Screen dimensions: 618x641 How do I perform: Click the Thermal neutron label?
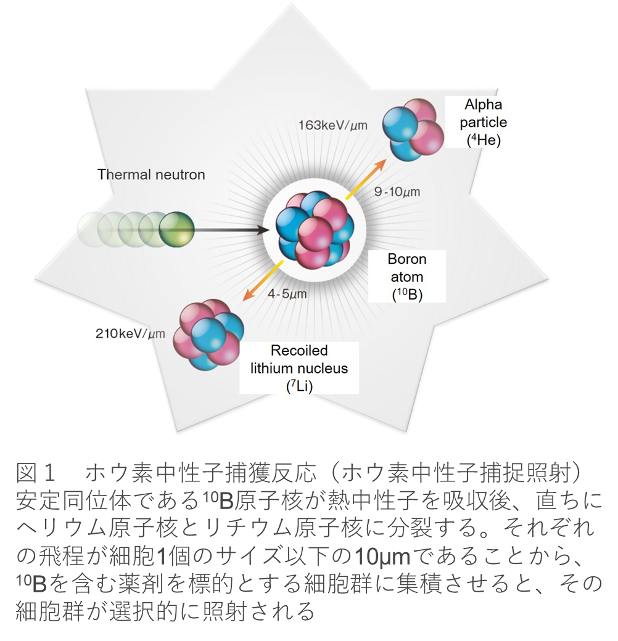tap(151, 174)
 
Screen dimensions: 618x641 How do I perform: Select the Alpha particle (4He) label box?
tap(483, 122)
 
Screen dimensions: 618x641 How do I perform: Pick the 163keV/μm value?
tap(333, 125)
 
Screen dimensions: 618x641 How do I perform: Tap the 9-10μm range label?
tap(397, 192)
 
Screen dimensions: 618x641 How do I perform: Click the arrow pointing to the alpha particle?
tap(366, 179)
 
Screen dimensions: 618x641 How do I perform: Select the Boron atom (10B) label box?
tap(407, 277)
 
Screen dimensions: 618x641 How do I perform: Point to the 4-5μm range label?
tap(287, 293)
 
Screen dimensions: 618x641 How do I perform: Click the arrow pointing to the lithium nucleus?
tap(263, 280)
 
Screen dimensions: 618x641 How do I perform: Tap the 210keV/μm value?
tap(131, 333)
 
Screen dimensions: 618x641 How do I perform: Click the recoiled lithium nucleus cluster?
tap(208, 335)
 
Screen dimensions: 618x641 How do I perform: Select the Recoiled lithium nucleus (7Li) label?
tap(299, 368)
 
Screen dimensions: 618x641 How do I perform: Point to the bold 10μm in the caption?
tap(382, 557)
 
